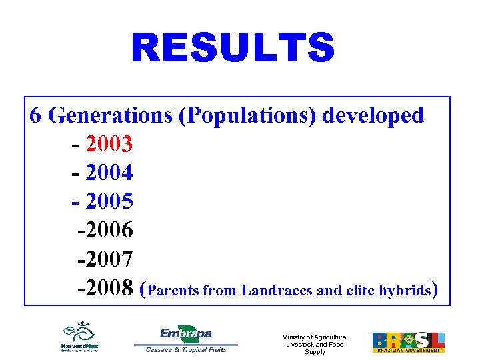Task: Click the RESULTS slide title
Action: (x=233, y=49)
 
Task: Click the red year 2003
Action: (x=109, y=144)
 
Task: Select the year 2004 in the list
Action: (x=109, y=173)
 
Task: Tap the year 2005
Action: (x=109, y=201)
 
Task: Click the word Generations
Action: (x=110, y=115)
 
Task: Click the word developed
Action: (x=373, y=115)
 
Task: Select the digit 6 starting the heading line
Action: (x=37, y=115)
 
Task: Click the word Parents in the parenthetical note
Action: (x=173, y=290)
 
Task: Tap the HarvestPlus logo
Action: (x=79, y=337)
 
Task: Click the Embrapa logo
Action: (x=185, y=335)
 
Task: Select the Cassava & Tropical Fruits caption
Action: (x=186, y=350)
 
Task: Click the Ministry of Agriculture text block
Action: (x=315, y=344)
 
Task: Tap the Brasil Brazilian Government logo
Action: (x=408, y=342)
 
